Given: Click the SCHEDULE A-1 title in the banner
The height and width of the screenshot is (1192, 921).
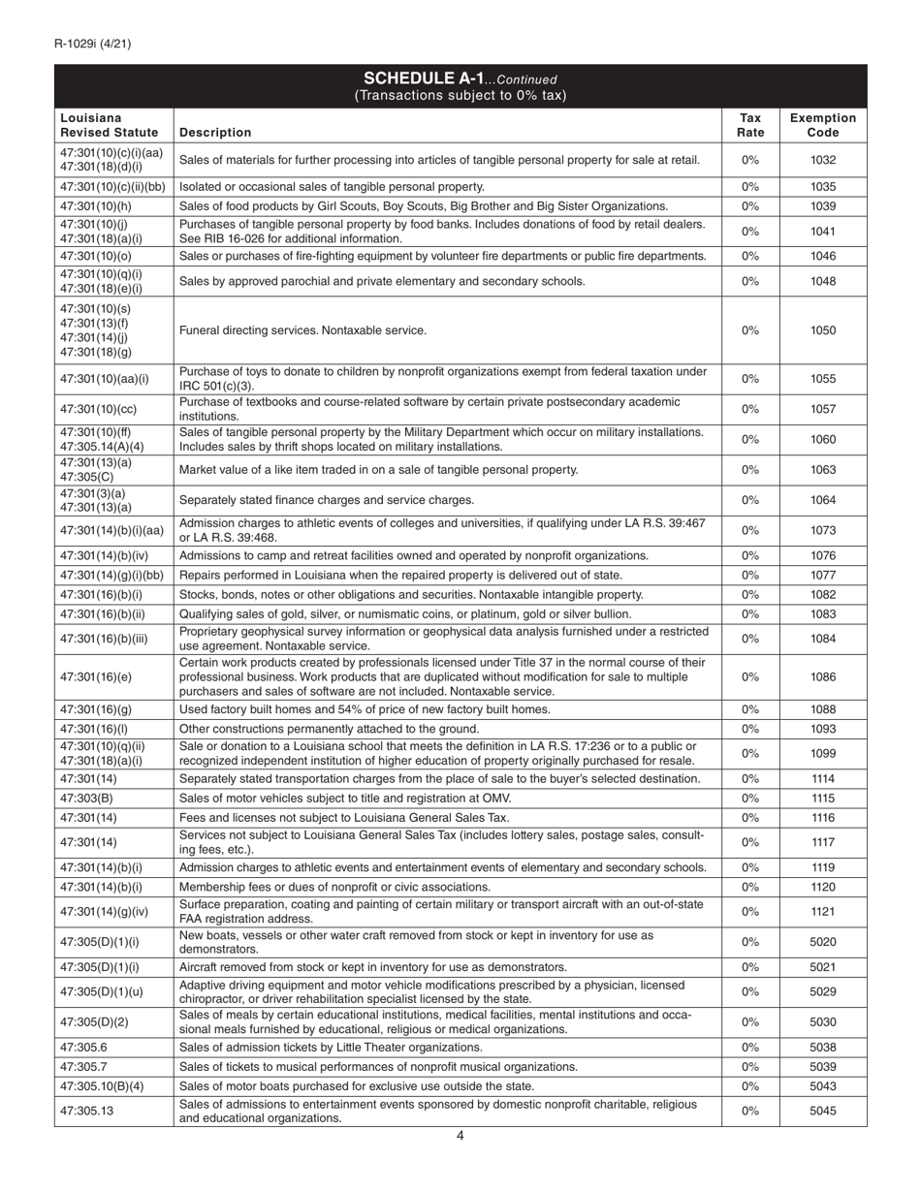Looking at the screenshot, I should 460,78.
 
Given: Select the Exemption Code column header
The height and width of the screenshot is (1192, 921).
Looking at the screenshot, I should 822,124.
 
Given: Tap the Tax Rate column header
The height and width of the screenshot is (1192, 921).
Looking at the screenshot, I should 749,124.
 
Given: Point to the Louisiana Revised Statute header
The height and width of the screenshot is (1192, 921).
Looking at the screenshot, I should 109,124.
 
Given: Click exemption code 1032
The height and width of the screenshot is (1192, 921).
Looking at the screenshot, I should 822,160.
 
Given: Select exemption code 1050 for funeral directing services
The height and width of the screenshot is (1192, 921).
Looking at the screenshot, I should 822,330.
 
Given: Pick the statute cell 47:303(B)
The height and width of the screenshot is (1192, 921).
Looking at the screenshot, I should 86,798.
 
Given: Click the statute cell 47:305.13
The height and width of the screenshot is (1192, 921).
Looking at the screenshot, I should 86,1111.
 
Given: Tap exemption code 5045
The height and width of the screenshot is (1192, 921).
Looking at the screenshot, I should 822,1111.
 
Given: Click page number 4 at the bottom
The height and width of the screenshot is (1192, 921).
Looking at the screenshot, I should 460,1137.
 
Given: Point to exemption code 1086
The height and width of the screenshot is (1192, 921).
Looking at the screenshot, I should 822,677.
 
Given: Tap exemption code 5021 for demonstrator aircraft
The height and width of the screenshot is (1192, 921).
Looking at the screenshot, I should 822,967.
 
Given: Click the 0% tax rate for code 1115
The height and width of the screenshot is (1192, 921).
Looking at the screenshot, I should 749,798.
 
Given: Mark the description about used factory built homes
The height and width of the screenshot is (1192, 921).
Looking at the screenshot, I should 365,709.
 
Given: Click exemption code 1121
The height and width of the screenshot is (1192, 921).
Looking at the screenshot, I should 822,911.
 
